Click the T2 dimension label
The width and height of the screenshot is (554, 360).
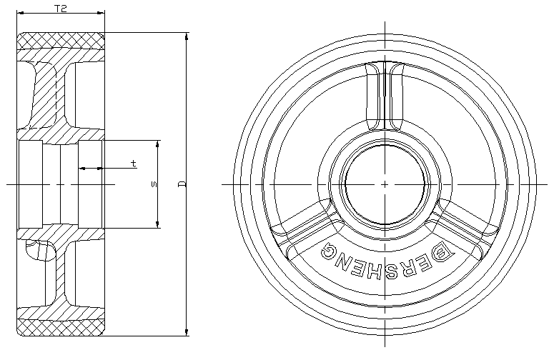pyautogui.click(x=61, y=9)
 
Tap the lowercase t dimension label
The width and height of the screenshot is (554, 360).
pyautogui.click(x=133, y=164)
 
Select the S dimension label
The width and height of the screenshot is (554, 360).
pyautogui.click(x=154, y=184)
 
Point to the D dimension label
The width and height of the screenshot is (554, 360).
pyautogui.click(x=182, y=184)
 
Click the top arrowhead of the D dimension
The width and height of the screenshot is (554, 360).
pyautogui.click(x=187, y=36)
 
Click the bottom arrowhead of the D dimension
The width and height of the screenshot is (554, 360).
pyautogui.click(x=187, y=331)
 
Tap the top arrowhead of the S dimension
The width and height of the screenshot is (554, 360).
pyautogui.click(x=158, y=144)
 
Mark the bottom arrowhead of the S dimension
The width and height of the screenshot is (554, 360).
pyautogui.click(x=158, y=224)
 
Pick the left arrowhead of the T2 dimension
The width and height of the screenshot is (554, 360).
pyautogui.click(x=21, y=13)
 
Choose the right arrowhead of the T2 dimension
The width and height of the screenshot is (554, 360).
pyautogui.click(x=101, y=13)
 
